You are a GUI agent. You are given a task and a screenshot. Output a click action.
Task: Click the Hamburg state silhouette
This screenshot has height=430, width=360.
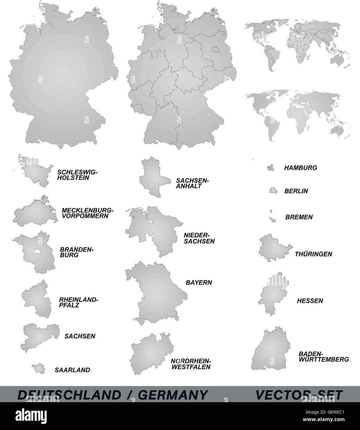click(271, 167)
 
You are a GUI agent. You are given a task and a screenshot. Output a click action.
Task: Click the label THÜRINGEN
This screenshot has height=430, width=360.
click(313, 254)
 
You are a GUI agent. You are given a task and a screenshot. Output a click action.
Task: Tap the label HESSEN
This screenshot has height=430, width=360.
click(310, 300)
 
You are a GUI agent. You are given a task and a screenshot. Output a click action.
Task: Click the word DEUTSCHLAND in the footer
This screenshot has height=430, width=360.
click(70, 395)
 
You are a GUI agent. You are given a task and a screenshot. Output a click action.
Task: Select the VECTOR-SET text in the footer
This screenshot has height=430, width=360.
click(299, 395)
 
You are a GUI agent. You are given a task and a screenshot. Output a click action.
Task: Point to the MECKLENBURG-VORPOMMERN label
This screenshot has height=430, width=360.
click(87, 213)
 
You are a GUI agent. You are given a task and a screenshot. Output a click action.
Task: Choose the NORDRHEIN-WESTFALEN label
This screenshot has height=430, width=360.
click(191, 364)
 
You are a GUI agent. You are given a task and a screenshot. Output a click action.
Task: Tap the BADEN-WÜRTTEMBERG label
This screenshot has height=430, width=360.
click(324, 356)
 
